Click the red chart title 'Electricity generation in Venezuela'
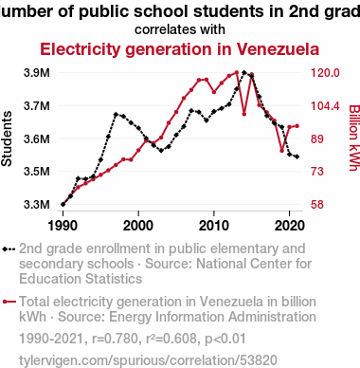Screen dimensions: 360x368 (180, 49)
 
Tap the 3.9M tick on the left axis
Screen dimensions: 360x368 (37, 73)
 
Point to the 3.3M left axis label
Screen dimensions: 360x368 (37, 204)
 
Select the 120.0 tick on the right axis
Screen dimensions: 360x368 (325, 73)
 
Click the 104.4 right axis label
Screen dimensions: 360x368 (325, 105)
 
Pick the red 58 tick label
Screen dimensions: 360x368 (317, 204)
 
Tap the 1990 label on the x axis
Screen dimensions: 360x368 (63, 226)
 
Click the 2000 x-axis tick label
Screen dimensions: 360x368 (138, 226)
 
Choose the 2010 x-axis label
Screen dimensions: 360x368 (214, 226)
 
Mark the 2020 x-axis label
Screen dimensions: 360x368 (290, 226)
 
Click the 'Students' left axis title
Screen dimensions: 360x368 (7, 138)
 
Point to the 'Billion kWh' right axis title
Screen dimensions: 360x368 (354, 138)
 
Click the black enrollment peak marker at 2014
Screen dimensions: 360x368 (244, 72)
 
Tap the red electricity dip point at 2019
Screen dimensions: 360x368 (281, 151)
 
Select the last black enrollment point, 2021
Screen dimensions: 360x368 (297, 156)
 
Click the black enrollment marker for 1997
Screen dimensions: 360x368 (116, 114)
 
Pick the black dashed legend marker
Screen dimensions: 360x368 (9, 249)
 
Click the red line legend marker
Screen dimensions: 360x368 (9, 302)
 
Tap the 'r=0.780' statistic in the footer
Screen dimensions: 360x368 (115, 339)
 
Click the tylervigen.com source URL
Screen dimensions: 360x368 (148, 360)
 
